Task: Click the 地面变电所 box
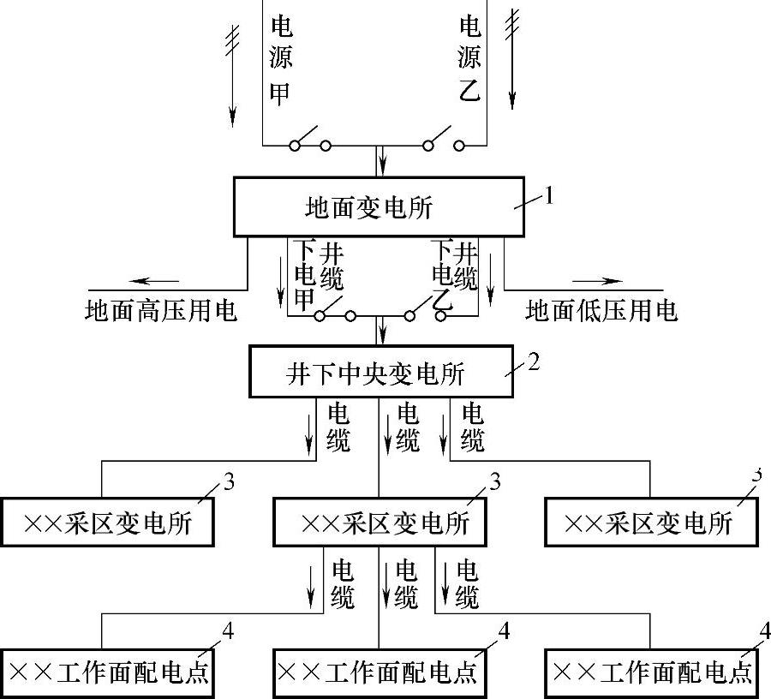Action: (379, 206)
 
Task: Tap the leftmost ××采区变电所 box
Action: (108, 520)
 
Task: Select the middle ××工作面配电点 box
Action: (379, 672)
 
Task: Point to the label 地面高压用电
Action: (161, 309)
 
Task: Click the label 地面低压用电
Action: (601, 309)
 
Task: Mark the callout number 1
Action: (549, 195)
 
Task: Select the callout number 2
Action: (534, 361)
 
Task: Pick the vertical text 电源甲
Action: (280, 58)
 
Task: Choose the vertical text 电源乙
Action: (469, 58)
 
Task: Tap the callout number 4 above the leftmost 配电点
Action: (227, 630)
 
